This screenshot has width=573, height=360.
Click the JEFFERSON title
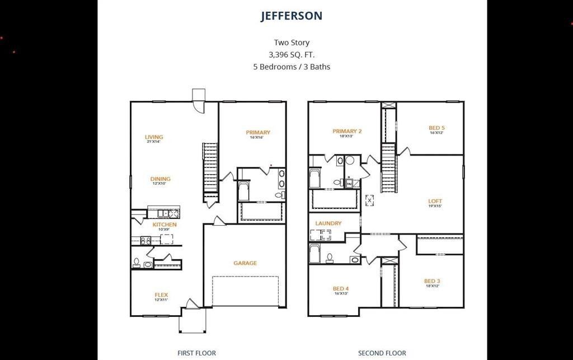291,16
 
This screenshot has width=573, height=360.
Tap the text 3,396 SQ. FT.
291,54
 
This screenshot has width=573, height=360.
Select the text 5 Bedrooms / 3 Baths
291,67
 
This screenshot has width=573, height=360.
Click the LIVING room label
154,137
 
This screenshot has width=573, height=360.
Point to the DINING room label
161,179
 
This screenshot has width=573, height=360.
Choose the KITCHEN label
165,225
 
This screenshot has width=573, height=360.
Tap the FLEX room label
161,295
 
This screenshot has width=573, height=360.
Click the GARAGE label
245,263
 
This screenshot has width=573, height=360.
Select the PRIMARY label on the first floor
258,133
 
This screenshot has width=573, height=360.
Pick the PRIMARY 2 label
347,132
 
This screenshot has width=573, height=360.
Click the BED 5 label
436,128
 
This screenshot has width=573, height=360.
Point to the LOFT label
435,202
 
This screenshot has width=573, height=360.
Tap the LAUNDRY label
328,223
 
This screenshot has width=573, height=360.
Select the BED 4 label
341,289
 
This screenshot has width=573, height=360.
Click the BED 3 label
432,281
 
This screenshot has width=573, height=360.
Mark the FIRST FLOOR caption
196,353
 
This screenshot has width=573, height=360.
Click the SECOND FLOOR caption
382,353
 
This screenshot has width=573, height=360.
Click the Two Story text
291,43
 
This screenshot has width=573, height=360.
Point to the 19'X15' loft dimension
435,207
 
